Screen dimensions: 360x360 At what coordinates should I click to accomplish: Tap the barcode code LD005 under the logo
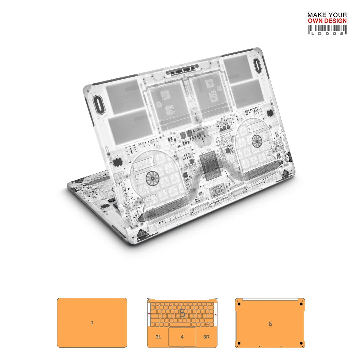pos(327,33)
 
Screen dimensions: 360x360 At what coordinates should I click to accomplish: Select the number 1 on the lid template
pos(92,323)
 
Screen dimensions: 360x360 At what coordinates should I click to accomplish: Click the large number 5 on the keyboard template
pos(182,313)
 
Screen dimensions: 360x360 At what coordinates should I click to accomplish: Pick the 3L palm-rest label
pos(158,337)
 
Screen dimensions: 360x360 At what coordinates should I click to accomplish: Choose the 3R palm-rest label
pos(206,337)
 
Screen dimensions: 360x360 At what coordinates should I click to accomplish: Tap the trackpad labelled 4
pos(182,337)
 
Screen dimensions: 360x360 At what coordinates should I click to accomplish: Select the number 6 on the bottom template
pos(270,324)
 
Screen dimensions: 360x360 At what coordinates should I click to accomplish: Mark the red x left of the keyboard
pos(149,314)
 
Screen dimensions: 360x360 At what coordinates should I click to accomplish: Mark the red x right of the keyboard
pos(216,314)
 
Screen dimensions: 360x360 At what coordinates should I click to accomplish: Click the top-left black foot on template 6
pos(239,304)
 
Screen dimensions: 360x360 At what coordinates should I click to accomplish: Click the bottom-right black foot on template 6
pos(301,343)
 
